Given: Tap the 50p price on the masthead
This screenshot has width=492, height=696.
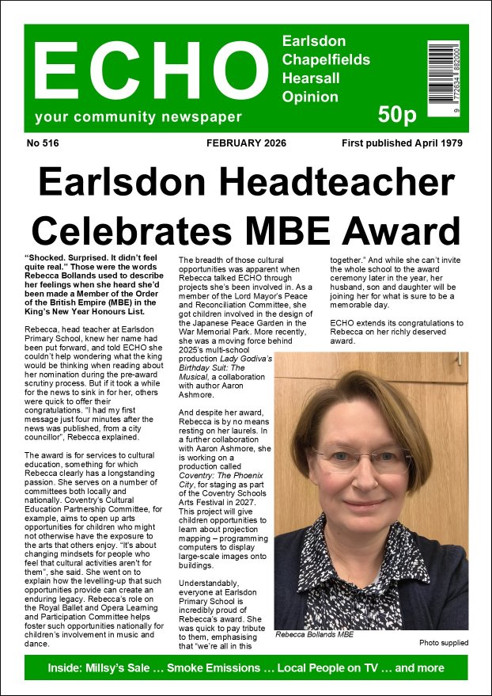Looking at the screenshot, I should click(396, 116).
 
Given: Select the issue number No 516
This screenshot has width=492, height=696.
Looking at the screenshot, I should click(43, 143).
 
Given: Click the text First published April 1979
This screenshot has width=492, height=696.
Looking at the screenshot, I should click(402, 143).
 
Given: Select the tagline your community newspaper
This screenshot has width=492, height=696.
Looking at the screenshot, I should click(138, 118).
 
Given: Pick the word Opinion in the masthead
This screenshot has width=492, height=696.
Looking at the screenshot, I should click(310, 97).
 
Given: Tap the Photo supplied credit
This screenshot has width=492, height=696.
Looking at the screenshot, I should click(443, 642).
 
